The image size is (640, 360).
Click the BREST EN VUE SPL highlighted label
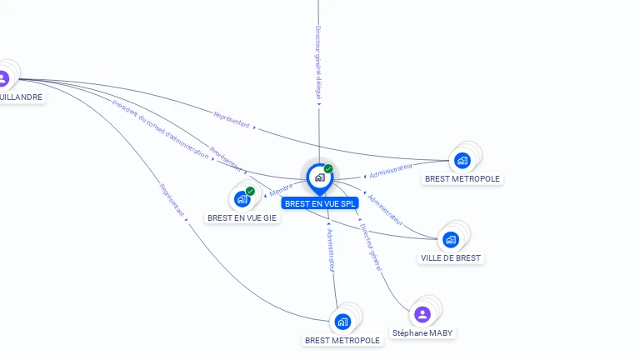(320, 203)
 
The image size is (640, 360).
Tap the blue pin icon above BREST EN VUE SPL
(319, 177)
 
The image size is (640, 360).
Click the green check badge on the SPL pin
(328, 169)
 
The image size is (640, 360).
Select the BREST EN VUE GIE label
(242, 217)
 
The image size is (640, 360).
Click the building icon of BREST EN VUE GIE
(242, 199)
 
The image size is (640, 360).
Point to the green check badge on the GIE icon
(250, 192)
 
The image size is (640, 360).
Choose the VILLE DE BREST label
(451, 258)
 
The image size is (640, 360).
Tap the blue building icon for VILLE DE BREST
(451, 239)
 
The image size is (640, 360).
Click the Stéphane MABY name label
(423, 333)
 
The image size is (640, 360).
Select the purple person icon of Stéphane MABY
(422, 314)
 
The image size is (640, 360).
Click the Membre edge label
(281, 191)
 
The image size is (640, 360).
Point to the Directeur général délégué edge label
(318, 62)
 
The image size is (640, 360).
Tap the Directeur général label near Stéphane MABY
(371, 247)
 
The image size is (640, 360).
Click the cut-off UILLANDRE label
(21, 97)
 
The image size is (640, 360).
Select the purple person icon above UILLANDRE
(3, 78)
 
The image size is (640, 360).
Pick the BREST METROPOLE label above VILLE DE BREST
(462, 178)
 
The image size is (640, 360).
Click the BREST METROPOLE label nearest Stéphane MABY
(342, 340)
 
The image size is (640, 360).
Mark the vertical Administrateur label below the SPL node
(331, 250)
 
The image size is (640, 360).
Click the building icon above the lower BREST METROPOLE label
(342, 322)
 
